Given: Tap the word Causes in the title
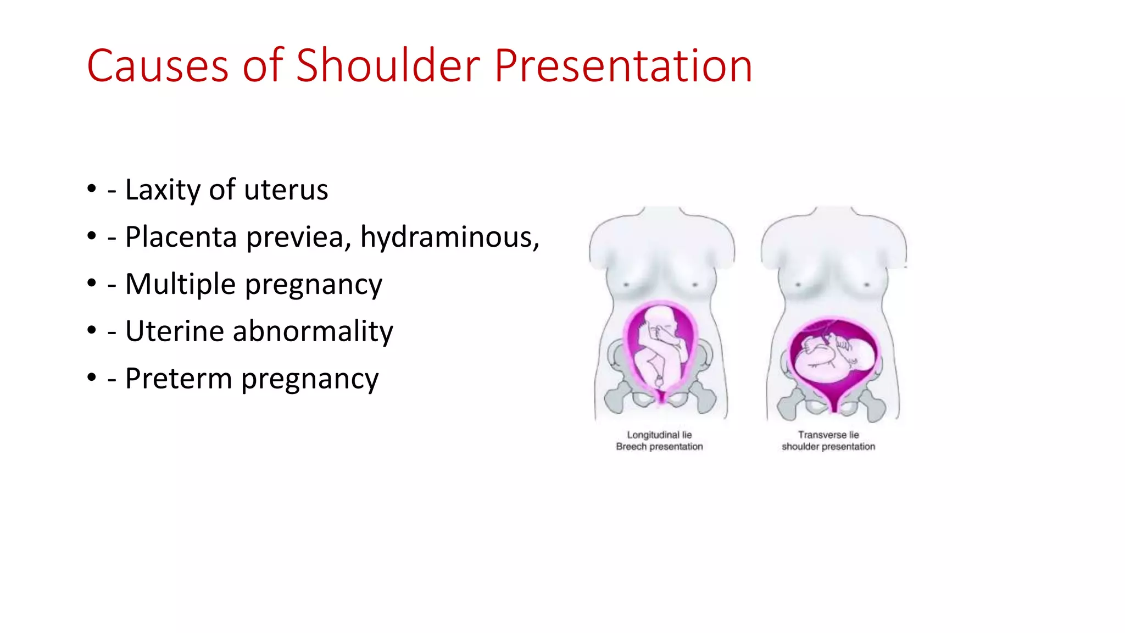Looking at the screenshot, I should [157, 66].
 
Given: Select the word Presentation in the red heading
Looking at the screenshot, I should [623, 66].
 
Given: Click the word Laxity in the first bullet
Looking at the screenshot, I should [163, 190].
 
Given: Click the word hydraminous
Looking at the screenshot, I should [447, 238].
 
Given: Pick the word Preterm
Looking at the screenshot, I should [178, 379].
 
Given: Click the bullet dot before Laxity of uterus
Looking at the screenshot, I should [92, 189].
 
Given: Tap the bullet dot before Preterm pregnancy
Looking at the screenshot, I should [92, 377].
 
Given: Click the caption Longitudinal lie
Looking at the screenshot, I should [659, 435].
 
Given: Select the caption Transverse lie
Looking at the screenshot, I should [828, 435].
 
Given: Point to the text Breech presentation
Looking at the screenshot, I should [659, 447].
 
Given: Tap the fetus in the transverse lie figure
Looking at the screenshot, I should [832, 357].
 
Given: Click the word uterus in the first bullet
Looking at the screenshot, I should [286, 190].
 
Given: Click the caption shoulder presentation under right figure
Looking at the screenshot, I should [828, 447].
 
